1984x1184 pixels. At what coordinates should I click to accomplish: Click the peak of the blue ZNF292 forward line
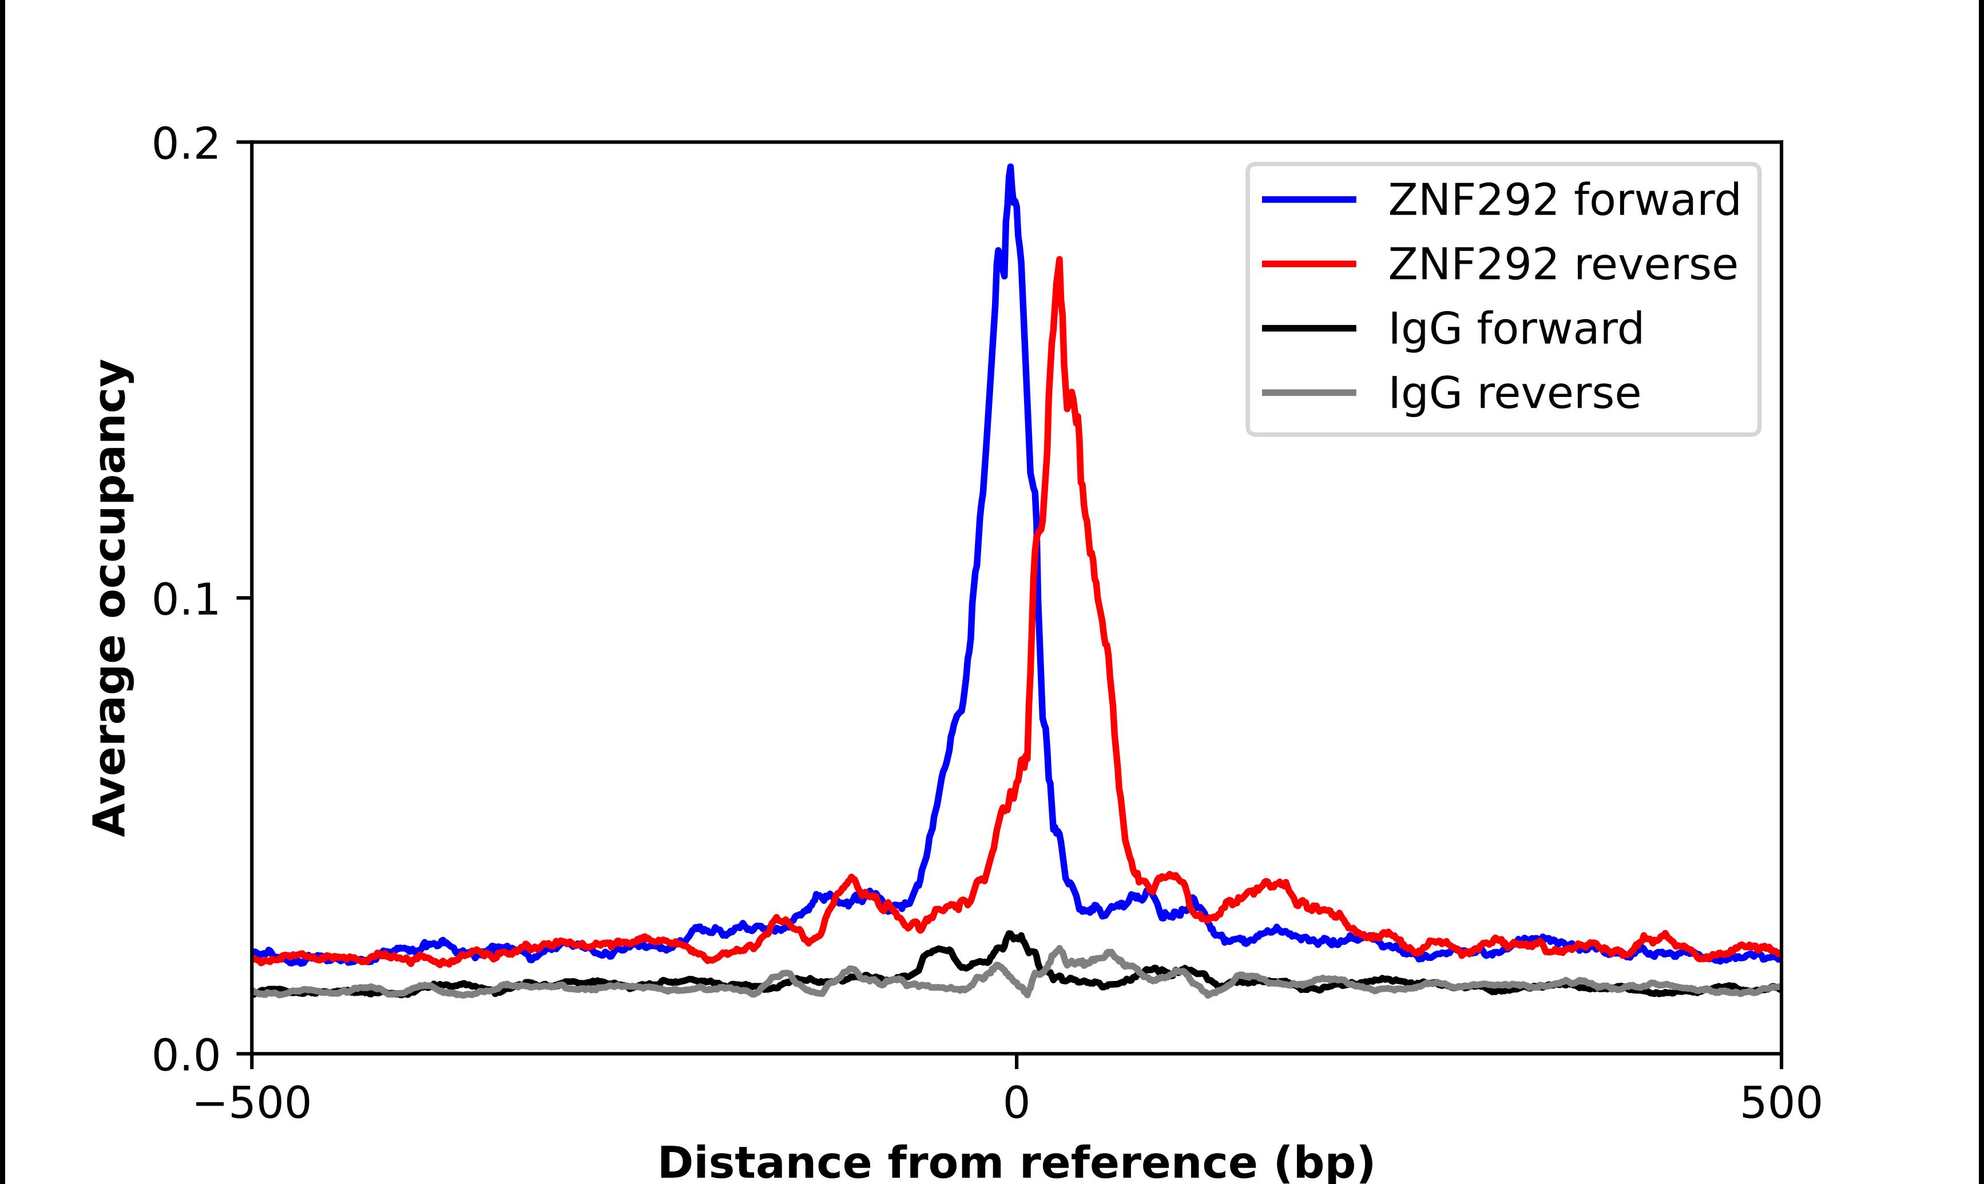1010,168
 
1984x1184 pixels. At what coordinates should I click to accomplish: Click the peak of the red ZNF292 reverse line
1058,260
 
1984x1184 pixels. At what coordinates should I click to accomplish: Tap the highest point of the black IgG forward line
1010,933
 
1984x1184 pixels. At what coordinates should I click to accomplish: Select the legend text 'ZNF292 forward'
1564,200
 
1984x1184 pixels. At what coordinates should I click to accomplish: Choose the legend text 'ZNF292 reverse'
1562,264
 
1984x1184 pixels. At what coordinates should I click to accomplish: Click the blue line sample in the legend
1308,200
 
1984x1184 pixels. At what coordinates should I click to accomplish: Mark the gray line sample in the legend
1308,392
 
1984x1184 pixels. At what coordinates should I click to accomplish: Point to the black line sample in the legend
1308,328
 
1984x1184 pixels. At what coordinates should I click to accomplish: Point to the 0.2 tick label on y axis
185,144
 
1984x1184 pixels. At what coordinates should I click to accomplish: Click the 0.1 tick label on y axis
185,600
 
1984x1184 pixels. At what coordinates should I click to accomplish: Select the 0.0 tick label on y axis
185,1055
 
